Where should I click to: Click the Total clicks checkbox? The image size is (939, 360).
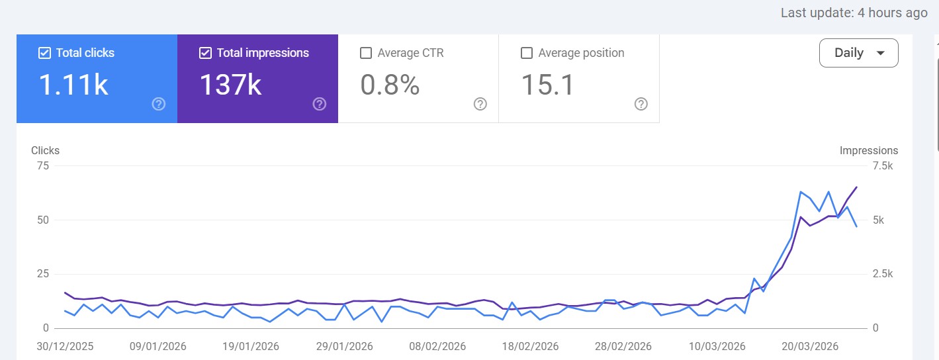tap(44, 53)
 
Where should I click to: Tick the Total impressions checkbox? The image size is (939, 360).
tap(205, 53)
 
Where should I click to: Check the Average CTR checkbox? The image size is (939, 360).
tap(366, 53)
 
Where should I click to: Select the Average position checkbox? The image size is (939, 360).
tap(527, 53)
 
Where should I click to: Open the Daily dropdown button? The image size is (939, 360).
tap(858, 53)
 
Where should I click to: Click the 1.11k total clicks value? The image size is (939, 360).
tap(73, 85)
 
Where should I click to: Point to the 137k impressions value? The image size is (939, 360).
tap(230, 85)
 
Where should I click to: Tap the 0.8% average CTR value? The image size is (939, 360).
tap(390, 85)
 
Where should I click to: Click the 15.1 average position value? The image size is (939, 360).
tap(547, 85)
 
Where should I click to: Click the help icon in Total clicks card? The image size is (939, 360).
tap(158, 104)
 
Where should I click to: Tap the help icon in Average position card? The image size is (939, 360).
tap(641, 104)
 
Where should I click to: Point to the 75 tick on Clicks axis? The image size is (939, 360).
tap(42, 165)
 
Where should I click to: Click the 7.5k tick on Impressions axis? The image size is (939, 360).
tap(883, 165)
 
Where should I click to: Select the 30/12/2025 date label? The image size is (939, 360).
tap(65, 346)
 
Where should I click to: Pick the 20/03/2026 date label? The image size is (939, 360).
tap(810, 346)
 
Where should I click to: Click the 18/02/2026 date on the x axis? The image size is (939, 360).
tap(531, 346)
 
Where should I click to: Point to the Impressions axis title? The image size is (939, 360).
tap(868, 150)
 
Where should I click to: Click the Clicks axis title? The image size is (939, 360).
tap(45, 150)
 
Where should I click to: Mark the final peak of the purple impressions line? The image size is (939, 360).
tap(856, 187)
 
